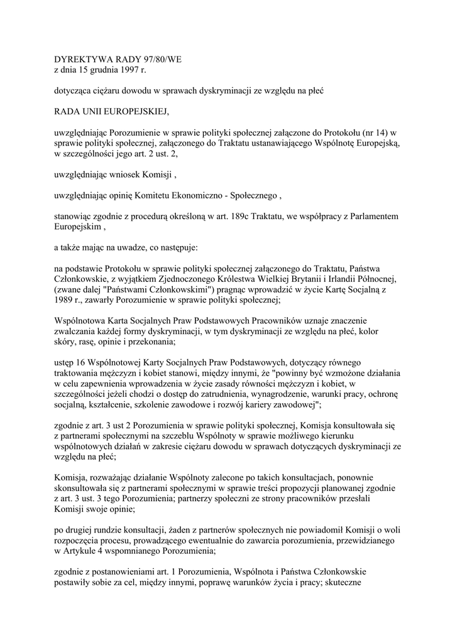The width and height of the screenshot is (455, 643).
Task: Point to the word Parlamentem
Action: [x=372, y=217]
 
